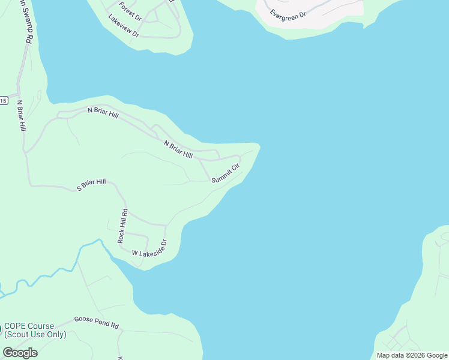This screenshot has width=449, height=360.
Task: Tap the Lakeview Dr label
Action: [124, 26]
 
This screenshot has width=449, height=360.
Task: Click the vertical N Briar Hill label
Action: [21, 116]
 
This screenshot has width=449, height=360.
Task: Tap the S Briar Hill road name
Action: [91, 185]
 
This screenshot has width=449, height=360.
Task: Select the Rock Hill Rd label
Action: [123, 226]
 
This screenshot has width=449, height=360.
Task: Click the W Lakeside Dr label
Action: [149, 249]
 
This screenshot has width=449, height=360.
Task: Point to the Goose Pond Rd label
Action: [96, 322]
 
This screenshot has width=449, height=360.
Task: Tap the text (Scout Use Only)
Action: [35, 335]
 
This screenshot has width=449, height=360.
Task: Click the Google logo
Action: [20, 353]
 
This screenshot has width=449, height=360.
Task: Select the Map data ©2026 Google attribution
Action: [412, 355]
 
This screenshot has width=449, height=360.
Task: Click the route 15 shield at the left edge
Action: [3, 101]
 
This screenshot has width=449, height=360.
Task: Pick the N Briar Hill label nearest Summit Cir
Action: [178, 149]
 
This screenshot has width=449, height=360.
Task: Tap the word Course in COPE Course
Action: [41, 326]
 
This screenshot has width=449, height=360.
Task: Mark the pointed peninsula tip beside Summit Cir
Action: [259, 145]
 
